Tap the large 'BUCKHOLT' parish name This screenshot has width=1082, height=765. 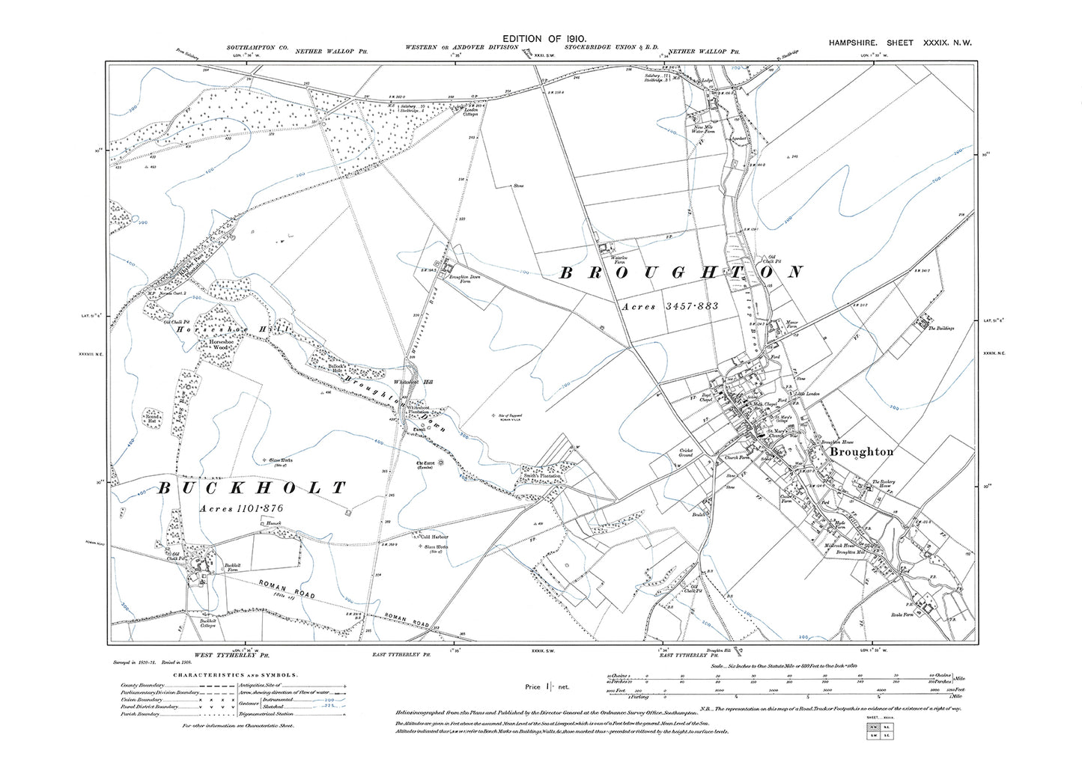(252, 489)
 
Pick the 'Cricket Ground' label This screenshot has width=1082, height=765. (687, 453)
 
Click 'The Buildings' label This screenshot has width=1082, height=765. (940, 328)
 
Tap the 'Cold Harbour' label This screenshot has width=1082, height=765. (434, 537)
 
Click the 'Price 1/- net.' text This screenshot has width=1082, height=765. (547, 686)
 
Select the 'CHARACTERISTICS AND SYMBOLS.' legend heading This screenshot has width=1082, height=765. (234, 674)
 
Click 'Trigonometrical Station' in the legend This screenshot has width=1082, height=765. (270, 714)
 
